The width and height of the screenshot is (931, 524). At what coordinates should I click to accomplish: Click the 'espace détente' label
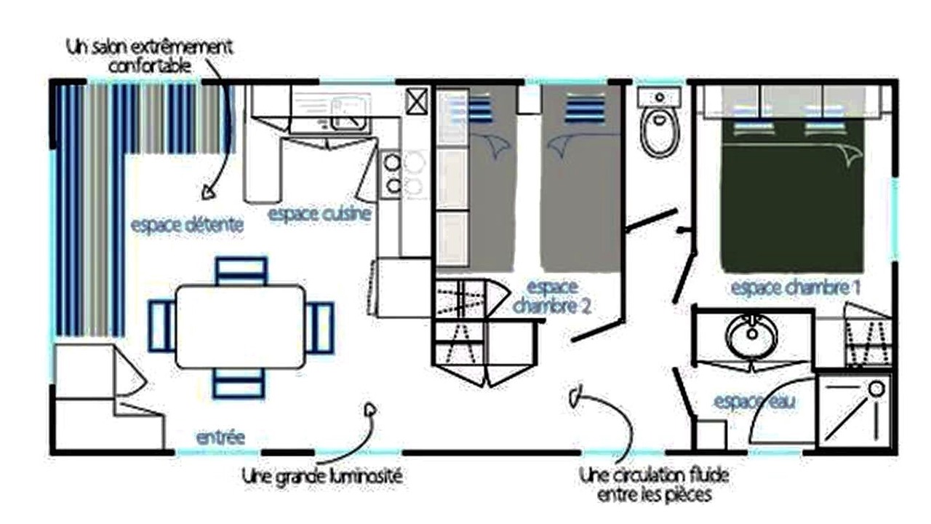click(x=187, y=225)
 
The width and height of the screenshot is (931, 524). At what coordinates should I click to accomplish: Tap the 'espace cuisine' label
click(x=319, y=214)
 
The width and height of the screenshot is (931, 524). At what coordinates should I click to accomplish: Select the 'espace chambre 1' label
click(x=796, y=287)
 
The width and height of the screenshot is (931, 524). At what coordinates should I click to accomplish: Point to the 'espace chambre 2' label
click(x=552, y=296)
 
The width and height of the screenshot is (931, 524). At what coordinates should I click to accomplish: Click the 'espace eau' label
click(x=754, y=402)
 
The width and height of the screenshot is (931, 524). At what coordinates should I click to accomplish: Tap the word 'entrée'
click(x=220, y=437)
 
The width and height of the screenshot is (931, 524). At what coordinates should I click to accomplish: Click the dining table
click(x=241, y=327)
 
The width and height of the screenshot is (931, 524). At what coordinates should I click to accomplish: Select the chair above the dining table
click(x=241, y=271)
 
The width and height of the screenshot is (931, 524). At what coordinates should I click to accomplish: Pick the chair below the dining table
click(x=239, y=384)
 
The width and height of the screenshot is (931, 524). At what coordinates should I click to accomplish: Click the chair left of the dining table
click(x=162, y=326)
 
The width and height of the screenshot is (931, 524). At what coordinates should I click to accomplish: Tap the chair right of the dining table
click(x=319, y=327)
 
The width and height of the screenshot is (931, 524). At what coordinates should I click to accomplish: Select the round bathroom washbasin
click(x=751, y=336)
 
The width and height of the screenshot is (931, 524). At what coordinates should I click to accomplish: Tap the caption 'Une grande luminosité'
click(x=322, y=476)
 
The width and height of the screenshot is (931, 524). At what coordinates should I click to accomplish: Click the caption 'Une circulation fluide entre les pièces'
click(x=654, y=485)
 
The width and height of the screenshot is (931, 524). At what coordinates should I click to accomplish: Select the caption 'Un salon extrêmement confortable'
click(x=150, y=56)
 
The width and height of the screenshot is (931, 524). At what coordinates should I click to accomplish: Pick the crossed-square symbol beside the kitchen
click(x=417, y=101)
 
